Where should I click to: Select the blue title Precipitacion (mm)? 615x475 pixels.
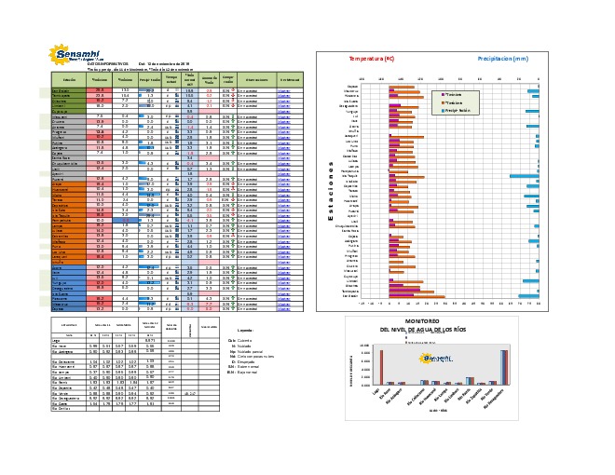503,59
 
